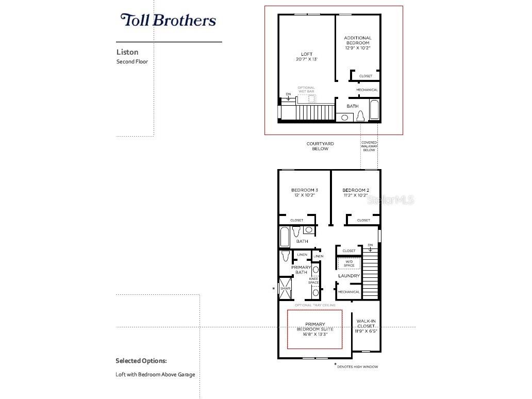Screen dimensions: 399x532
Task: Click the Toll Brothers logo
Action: (x=168, y=21)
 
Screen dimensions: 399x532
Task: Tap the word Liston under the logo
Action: (x=127, y=52)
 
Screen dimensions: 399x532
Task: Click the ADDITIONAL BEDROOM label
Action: (x=358, y=40)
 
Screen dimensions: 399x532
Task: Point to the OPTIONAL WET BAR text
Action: (x=306, y=90)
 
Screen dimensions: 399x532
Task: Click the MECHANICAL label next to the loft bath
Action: (x=367, y=90)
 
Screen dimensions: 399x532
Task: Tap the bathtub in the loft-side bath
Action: (x=374, y=110)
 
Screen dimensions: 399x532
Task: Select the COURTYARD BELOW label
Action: (x=320, y=146)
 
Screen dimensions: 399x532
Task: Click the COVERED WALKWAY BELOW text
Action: (x=369, y=146)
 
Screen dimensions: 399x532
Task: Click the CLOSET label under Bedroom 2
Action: (x=363, y=220)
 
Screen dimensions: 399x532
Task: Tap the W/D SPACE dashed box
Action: (x=349, y=263)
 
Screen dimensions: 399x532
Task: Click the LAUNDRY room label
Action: (x=349, y=276)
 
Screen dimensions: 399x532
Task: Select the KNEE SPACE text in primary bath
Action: (x=313, y=281)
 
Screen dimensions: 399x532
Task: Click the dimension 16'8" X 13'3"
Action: (x=315, y=335)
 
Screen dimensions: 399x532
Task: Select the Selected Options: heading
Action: (x=141, y=361)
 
